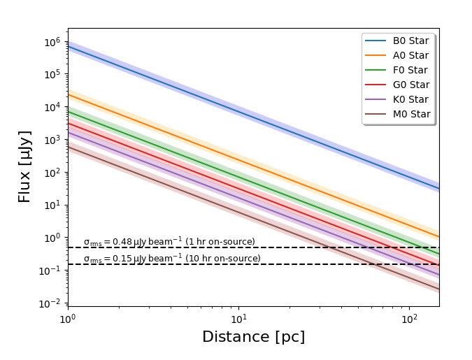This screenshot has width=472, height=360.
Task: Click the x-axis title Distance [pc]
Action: point(253,337)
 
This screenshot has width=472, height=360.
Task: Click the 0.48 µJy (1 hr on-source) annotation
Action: point(169,242)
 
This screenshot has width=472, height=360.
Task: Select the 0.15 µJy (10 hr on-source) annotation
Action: point(172,259)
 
